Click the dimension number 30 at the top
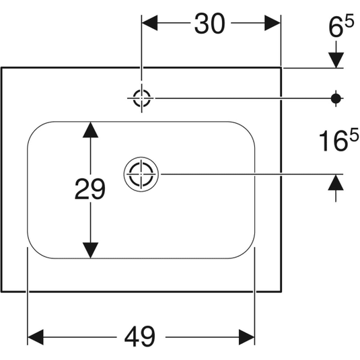coord(209,24)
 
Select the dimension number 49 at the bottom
coord(140,337)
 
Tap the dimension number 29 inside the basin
coord(90,188)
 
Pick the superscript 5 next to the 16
coord(353,135)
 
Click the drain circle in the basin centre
coord(141,157)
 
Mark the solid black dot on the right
coord(336,98)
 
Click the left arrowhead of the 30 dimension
coord(149,23)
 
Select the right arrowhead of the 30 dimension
coord(273,23)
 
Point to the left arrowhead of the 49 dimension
coord(36,337)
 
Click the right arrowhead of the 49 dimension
coord(246,337)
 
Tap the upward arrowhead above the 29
coord(90,130)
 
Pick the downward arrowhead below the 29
coord(90,250)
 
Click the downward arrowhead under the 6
coord(336,60)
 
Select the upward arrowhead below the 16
coord(336,182)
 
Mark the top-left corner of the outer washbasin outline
coord(1,67)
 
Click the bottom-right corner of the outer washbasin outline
coord(281,291)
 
